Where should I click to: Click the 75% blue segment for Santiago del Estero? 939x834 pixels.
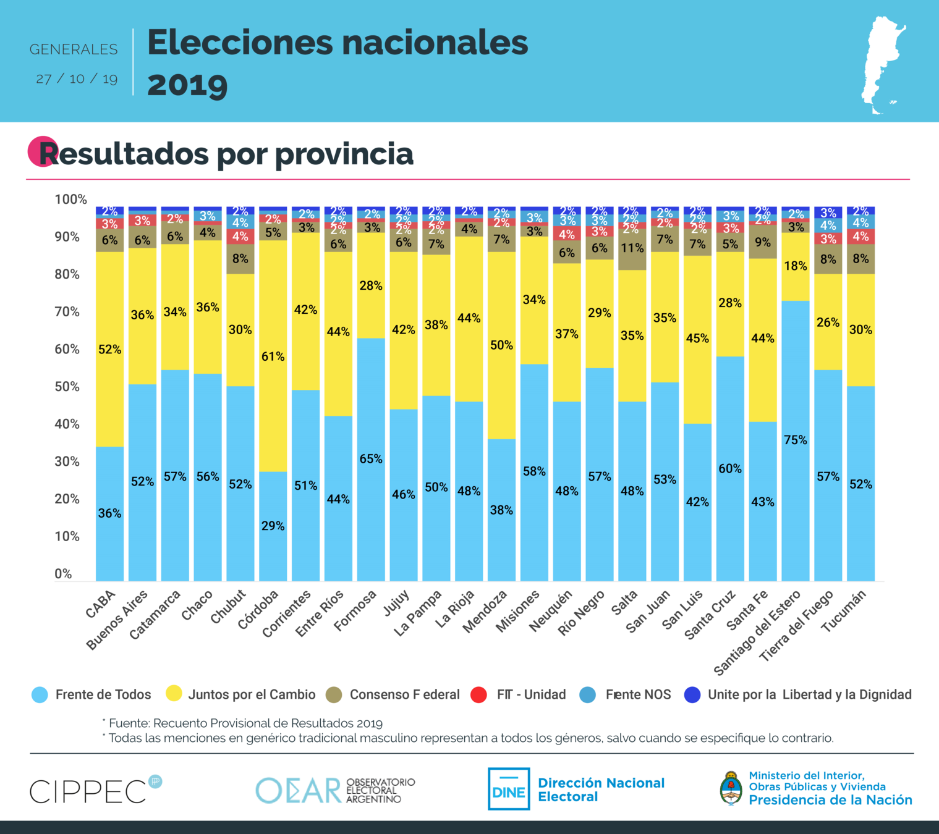796,440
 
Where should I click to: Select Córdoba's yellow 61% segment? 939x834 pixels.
273,356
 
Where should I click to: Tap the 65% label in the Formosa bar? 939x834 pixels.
371,459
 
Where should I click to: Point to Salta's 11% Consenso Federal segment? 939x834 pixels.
632,249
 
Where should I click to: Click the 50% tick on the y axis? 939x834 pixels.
67,387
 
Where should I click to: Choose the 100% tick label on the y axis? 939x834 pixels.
70,199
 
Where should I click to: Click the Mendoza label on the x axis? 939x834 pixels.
485,611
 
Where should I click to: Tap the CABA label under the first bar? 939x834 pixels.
101,604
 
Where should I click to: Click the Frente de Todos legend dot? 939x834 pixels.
40,695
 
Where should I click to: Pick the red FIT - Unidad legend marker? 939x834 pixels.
478,695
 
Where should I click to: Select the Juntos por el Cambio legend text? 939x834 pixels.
252,695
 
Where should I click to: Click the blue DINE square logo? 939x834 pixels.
509,789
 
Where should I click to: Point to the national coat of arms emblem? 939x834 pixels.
731,788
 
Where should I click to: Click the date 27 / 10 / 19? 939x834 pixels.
77,79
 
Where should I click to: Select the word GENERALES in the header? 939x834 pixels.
74,49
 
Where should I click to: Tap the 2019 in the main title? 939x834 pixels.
187,85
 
